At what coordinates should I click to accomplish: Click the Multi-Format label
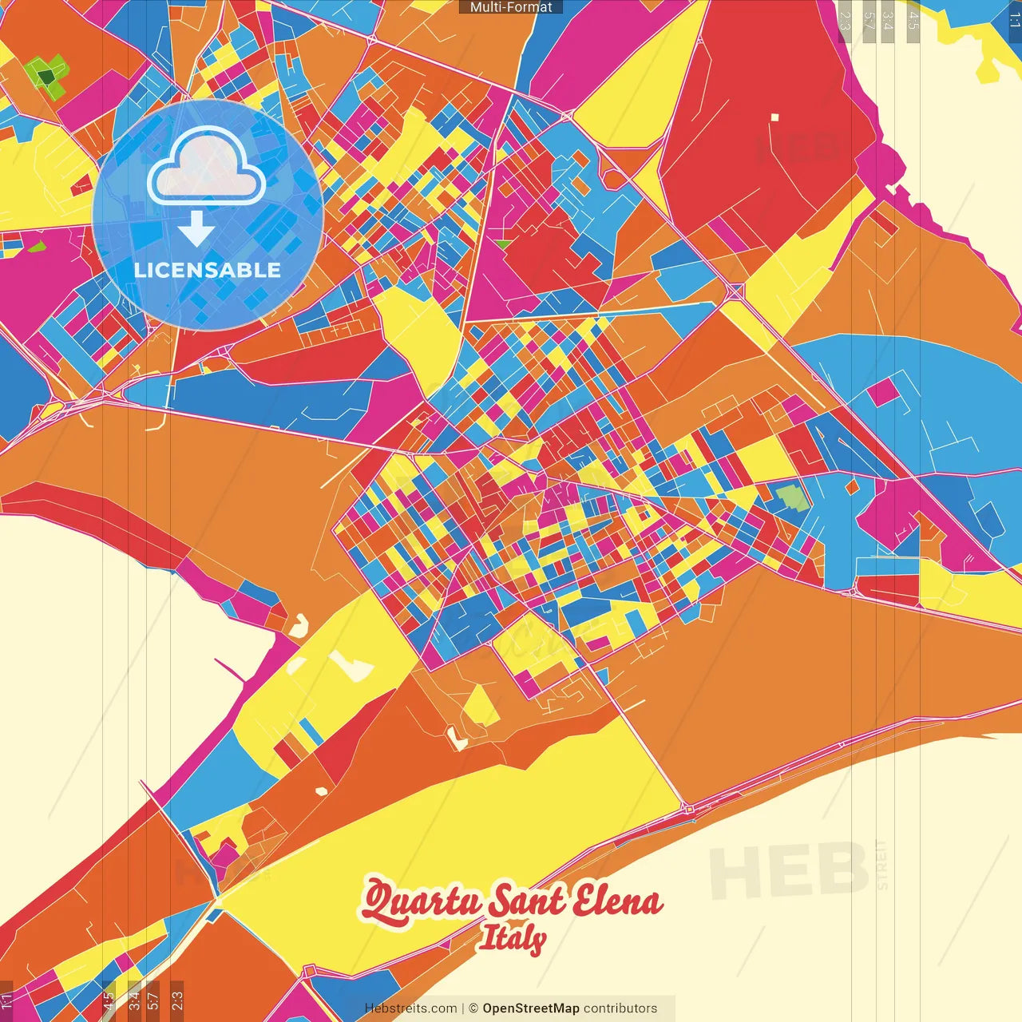[x=511, y=7]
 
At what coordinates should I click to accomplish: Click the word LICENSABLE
[x=208, y=270]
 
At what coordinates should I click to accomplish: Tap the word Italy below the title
[x=512, y=939]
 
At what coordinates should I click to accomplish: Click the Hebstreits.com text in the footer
[x=410, y=1008]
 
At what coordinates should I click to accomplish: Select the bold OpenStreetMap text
[x=531, y=1008]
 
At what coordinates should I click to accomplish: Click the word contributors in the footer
[x=620, y=1008]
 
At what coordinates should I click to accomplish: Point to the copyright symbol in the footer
[x=473, y=1008]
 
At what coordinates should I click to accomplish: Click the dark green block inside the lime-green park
[x=47, y=77]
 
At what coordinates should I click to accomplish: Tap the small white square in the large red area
[x=774, y=117]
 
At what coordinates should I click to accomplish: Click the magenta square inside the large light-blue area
[x=881, y=392]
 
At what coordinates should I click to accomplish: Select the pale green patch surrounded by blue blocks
[x=793, y=497]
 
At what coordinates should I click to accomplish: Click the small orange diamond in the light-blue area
[x=852, y=485]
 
